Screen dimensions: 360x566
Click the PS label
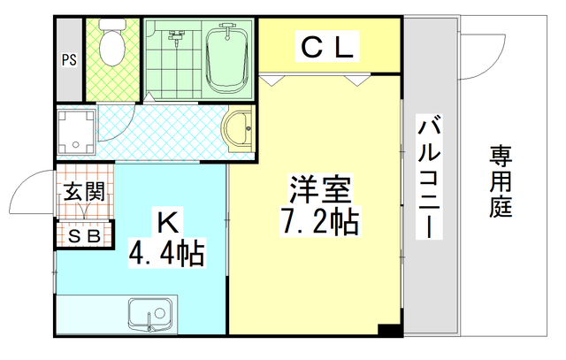(68, 60)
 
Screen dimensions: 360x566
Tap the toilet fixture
(111, 44)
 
